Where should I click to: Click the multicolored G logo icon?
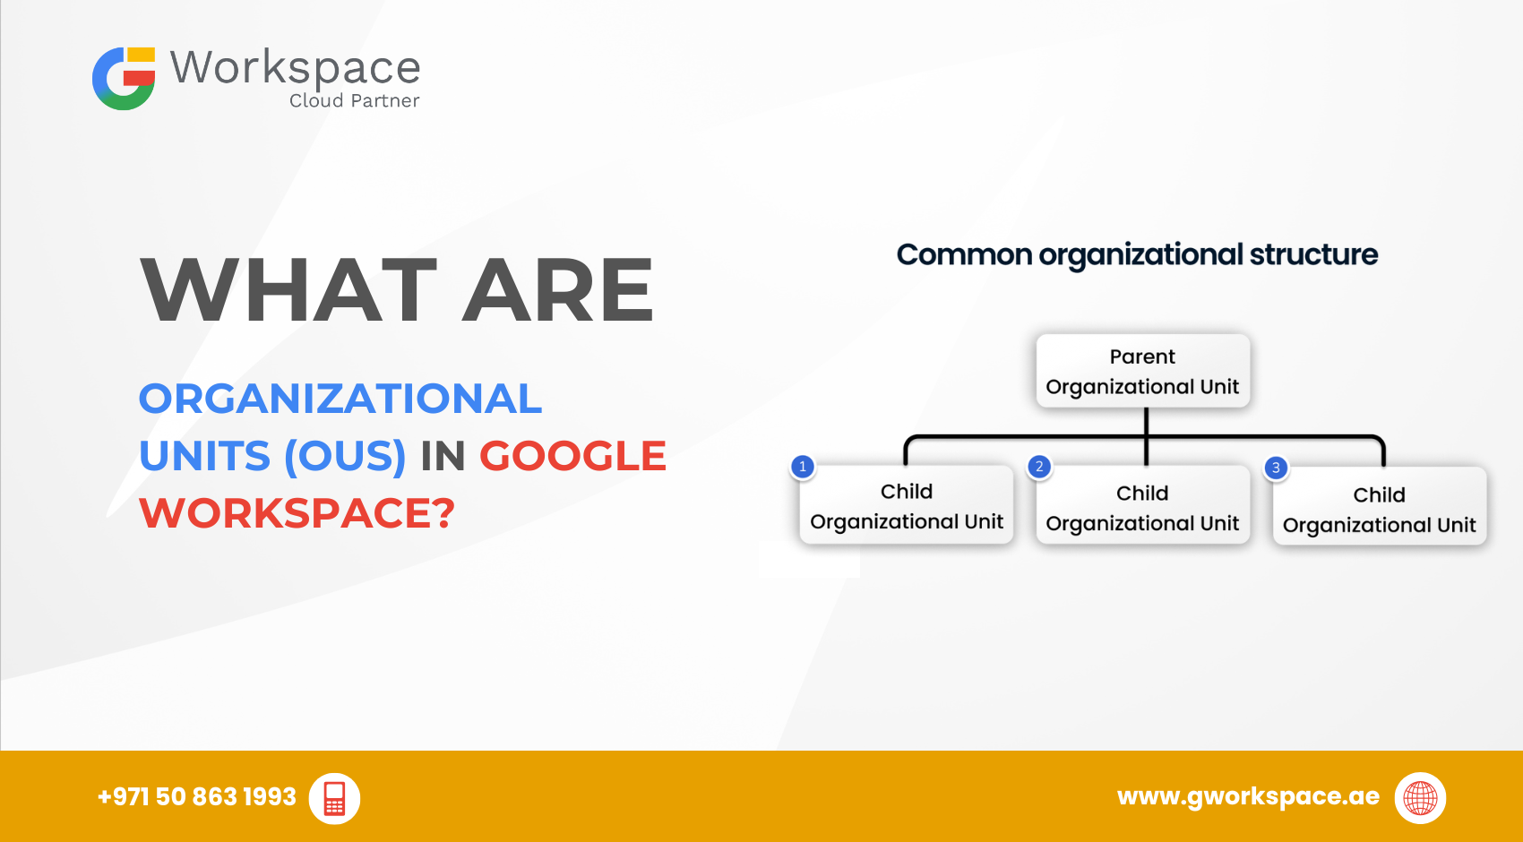pyautogui.click(x=124, y=78)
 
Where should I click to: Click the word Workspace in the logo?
pyautogui.click(x=295, y=68)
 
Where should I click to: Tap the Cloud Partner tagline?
pyautogui.click(x=354, y=100)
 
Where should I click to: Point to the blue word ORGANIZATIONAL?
pyautogui.click(x=340, y=399)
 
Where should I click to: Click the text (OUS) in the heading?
pyautogui.click(x=345, y=455)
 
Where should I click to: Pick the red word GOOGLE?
pyautogui.click(x=572, y=455)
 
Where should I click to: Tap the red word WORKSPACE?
pyautogui.click(x=297, y=512)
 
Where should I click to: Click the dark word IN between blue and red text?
pyautogui.click(x=443, y=455)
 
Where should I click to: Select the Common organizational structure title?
pyautogui.click(x=1137, y=255)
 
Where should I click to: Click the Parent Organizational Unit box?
pyautogui.click(x=1143, y=371)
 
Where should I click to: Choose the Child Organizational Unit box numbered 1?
pyautogui.click(x=907, y=504)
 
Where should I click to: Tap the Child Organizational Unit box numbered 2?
pyautogui.click(x=1143, y=505)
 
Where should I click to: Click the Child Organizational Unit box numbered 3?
pyautogui.click(x=1380, y=506)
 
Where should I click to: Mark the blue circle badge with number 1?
pyautogui.click(x=803, y=467)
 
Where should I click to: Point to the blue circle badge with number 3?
pyautogui.click(x=1277, y=468)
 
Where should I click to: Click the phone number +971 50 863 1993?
pyautogui.click(x=197, y=797)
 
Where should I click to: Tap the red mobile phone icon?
pyautogui.click(x=334, y=798)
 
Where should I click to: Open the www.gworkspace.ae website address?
pyautogui.click(x=1248, y=796)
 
